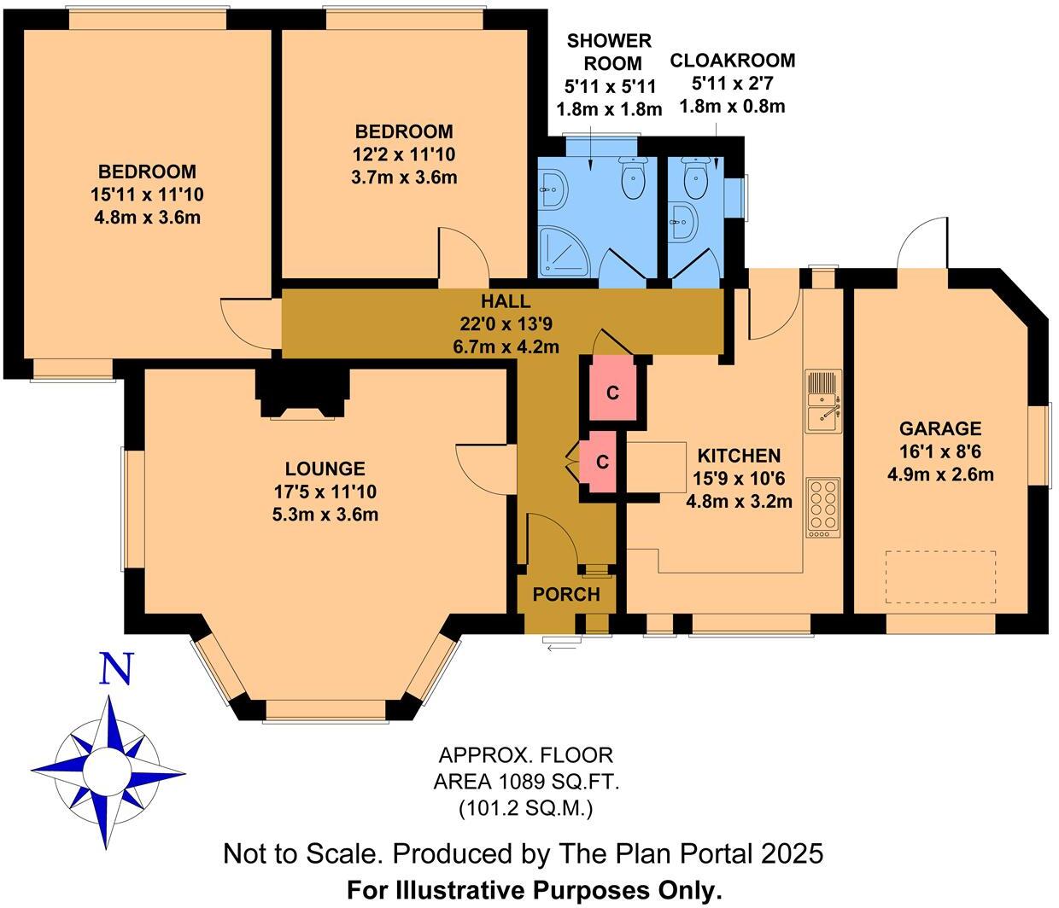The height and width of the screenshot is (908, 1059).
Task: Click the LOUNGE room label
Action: [325, 469]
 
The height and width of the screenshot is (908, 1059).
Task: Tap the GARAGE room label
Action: [939, 428]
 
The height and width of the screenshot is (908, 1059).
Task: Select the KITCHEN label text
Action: [739, 456]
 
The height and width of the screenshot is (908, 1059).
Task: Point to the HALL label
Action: [505, 301]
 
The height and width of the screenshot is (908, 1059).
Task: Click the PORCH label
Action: [566, 594]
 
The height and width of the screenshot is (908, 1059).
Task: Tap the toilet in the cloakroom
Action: [696, 177]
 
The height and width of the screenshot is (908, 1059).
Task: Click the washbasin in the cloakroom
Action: [685, 220]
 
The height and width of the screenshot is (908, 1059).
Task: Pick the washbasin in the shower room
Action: [553, 188]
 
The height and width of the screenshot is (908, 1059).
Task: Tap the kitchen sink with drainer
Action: [824, 402]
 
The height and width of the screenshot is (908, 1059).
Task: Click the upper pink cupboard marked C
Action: [611, 393]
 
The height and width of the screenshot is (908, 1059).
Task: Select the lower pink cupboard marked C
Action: [601, 462]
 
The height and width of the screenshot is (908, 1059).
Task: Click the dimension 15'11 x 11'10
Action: [146, 194]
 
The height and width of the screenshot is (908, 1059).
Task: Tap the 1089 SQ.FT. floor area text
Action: [525, 781]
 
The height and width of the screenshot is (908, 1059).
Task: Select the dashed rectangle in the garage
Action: [940, 576]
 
